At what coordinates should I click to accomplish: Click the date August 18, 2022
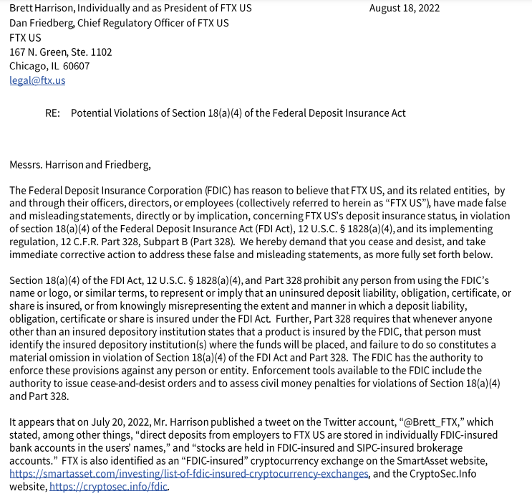point(405,9)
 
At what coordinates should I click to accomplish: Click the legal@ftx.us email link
point(37,80)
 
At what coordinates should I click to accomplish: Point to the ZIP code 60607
point(77,66)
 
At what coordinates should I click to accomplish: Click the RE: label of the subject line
point(52,113)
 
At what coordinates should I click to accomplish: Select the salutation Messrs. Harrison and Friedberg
point(80,165)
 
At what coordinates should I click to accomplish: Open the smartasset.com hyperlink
point(189,474)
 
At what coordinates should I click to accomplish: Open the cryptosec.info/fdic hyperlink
point(109,487)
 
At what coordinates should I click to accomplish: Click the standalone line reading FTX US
point(25,37)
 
